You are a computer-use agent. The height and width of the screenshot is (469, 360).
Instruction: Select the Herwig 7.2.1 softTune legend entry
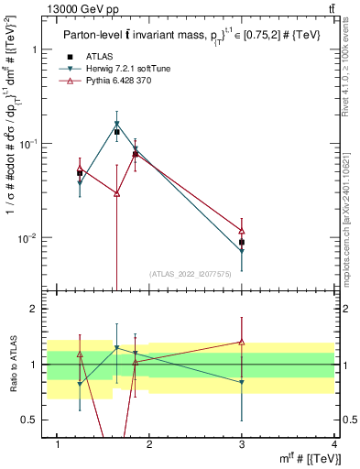[x=124, y=69]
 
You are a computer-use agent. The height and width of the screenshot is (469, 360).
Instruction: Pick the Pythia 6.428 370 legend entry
[x=117, y=82]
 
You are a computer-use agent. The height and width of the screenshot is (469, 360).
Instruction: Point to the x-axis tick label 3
[x=242, y=445]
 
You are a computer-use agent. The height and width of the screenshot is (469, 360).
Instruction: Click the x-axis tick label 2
[x=150, y=445]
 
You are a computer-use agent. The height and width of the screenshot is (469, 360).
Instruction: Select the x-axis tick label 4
[x=334, y=445]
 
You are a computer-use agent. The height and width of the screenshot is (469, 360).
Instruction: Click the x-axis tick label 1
[x=58, y=445]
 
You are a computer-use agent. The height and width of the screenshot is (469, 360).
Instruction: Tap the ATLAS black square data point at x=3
[x=242, y=243]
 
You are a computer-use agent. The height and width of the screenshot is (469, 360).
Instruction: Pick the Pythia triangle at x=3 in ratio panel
[x=242, y=342]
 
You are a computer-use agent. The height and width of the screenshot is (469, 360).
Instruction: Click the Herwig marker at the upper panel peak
[x=116, y=124]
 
